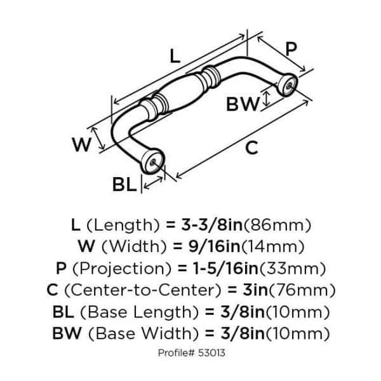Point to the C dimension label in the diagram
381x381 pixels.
251,148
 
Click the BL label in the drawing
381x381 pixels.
124,185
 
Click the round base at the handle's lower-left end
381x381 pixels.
152,161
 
